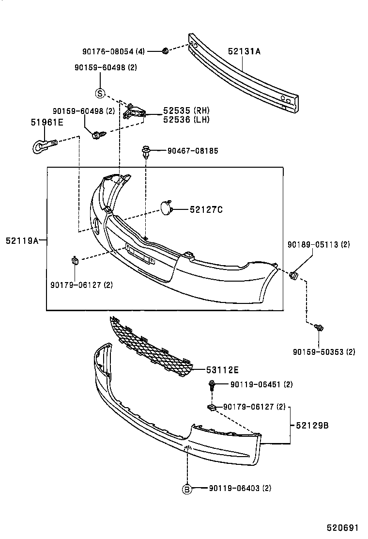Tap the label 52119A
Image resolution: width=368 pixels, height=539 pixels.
22,239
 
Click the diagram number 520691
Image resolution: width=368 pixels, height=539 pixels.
342,527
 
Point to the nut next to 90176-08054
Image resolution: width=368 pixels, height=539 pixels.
165,51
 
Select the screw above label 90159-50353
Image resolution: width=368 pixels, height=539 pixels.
319,328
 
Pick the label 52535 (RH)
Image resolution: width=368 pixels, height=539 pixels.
179,111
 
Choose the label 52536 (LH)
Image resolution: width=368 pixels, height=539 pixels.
179,120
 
